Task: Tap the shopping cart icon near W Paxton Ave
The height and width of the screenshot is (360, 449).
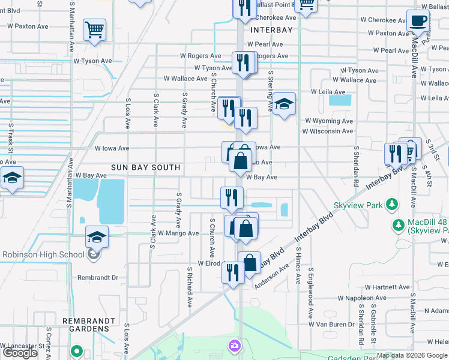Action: pyautogui.click(x=95, y=29)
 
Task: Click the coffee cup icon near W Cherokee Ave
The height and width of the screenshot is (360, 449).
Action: pyautogui.click(x=418, y=21)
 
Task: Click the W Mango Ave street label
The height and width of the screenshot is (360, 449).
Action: pyautogui.click(x=178, y=233)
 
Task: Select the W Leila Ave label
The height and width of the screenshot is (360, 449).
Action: pyautogui.click(x=328, y=92)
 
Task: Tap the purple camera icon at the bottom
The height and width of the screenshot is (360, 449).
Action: pyautogui.click(x=234, y=345)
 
